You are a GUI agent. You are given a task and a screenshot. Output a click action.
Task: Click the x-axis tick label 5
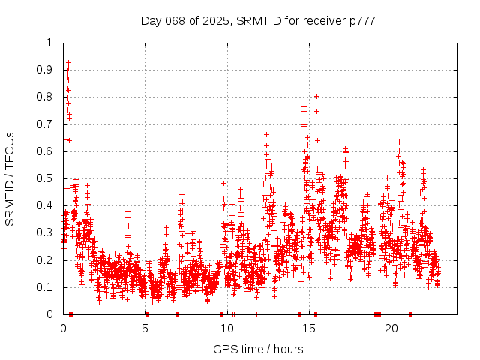[145, 328]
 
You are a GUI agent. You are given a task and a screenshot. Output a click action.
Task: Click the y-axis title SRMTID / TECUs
[10, 178]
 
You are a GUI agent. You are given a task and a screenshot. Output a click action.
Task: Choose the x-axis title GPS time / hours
[258, 349]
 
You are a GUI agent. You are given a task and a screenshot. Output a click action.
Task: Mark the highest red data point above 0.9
[68, 63]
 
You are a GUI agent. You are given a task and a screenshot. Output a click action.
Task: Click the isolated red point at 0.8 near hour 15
[316, 96]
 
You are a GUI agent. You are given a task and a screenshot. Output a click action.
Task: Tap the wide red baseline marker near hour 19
[377, 314]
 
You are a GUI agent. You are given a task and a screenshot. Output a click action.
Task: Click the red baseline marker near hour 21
[410, 314]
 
